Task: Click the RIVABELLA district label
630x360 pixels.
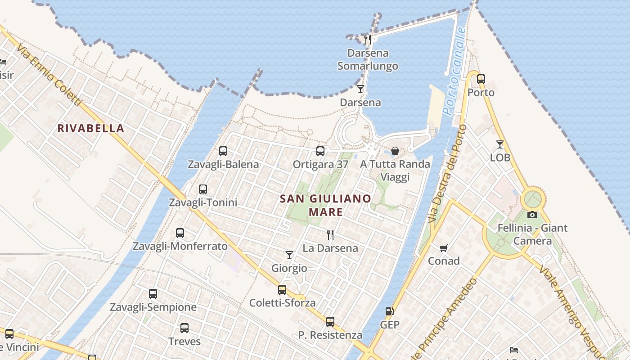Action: [90, 128]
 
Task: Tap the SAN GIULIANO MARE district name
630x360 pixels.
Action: [326, 205]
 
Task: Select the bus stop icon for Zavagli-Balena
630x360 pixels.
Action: [223, 151]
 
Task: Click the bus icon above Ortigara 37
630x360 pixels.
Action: [320, 151]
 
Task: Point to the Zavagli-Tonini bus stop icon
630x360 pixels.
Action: [203, 189]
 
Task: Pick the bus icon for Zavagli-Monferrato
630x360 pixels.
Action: [180, 233]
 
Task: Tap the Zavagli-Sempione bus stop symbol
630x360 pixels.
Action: [153, 294]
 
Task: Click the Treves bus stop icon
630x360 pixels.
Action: [184, 328]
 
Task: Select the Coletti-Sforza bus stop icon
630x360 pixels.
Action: [282, 290]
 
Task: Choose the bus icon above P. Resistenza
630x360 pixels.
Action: [330, 322]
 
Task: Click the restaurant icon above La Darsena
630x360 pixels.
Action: [330, 234]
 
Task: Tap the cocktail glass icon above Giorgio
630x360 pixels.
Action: [289, 255]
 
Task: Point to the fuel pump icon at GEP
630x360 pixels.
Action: [389, 311]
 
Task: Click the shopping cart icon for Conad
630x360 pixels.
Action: [444, 247]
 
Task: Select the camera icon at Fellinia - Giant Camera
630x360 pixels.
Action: [532, 215]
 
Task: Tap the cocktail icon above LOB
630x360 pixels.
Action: [500, 144]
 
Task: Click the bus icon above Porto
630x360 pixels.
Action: [481, 79]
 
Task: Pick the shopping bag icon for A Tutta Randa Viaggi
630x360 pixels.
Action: [395, 151]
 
